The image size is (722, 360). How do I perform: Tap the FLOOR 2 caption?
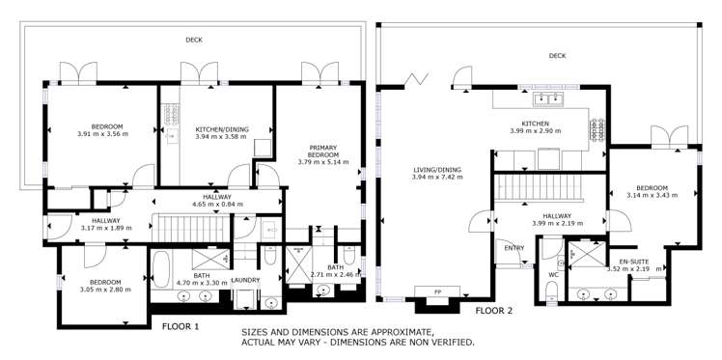[x=493, y=311]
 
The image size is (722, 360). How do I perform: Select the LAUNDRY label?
[x=247, y=281]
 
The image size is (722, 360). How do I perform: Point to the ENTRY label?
[x=514, y=247]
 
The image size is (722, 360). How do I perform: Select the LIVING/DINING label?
[x=436, y=170]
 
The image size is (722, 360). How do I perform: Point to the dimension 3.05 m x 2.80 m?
[x=97, y=289]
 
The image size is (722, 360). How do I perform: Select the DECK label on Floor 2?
[x=557, y=56]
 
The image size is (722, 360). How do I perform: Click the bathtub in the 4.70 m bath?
[x=162, y=265]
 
